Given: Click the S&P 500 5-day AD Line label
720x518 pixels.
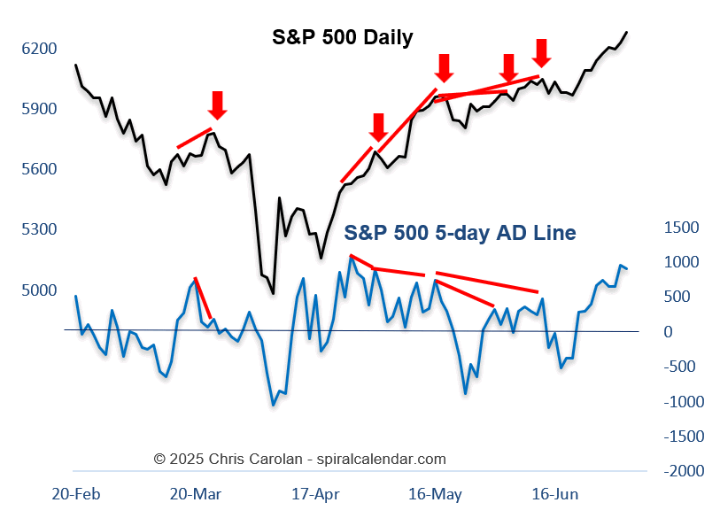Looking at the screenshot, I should (460, 233).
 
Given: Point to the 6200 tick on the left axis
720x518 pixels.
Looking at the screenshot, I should (38, 49).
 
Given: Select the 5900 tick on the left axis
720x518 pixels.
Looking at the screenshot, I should (38, 109).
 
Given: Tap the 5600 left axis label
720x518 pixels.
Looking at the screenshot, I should (38, 169).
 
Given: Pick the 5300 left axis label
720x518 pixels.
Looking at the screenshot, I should (38, 229).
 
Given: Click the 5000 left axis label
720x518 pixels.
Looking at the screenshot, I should (38, 290).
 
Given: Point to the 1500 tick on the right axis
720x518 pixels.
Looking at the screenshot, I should (681, 228).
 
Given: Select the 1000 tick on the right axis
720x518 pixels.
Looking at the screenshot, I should (681, 262).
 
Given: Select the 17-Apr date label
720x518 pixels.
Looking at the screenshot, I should (315, 493).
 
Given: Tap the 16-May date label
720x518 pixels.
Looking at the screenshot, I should (434, 493).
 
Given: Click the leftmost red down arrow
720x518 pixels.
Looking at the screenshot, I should (218, 104).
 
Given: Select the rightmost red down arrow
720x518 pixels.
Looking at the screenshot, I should (542, 52).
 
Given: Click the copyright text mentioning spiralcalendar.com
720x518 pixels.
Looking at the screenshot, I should (299, 459).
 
